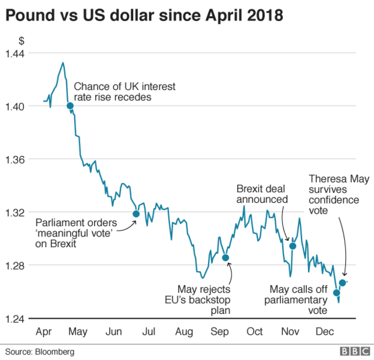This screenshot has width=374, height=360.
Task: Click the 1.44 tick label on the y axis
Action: click(15, 53)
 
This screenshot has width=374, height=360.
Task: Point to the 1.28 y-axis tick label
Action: click(15, 265)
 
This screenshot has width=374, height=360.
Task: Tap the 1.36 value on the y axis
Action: click(15, 159)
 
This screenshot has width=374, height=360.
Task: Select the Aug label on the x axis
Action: click(185, 331)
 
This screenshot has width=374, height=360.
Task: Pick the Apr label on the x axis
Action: click(44, 331)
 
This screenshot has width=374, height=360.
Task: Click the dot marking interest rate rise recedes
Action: click(70, 106)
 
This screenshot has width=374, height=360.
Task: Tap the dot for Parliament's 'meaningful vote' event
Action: click(136, 214)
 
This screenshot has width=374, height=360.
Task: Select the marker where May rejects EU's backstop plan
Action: click(226, 257)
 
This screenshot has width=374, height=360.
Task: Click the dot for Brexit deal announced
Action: click(293, 246)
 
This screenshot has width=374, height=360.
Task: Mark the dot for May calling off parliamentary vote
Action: click(336, 293)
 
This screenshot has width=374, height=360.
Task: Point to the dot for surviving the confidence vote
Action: click(342, 283)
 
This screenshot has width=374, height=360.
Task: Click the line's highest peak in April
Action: click(62, 62)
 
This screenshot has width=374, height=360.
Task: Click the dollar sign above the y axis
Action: click(22, 41)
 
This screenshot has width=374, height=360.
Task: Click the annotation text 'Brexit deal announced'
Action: click(263, 193)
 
